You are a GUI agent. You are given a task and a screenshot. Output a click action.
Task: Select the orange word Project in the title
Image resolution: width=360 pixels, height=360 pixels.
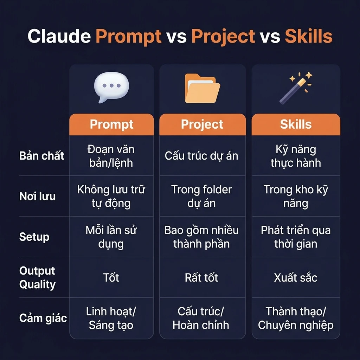pos(223,37)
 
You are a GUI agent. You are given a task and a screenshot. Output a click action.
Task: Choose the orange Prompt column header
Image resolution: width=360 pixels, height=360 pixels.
pos(112,124)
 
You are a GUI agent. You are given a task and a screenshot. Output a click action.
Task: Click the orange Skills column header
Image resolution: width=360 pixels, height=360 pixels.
pos(296,124)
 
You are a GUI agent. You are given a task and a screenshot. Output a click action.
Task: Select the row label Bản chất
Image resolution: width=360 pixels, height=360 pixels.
pos(41,156)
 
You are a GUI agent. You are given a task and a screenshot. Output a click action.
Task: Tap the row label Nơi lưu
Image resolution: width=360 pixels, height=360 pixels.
pos(37,196)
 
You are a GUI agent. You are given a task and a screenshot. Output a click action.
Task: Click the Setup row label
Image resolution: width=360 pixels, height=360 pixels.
pos(34,237)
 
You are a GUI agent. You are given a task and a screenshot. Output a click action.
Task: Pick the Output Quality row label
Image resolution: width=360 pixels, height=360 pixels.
pos(37,277)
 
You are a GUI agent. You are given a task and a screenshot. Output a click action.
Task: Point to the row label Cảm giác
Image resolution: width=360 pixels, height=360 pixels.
pos(43,318)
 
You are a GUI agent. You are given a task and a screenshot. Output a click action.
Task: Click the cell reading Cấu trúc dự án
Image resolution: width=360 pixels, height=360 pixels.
pos(201,156)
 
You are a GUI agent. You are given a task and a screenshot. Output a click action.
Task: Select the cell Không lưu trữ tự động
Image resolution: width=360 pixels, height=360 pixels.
pos(111,196)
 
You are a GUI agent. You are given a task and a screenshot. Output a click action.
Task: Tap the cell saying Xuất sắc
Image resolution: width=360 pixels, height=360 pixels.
pos(296,278)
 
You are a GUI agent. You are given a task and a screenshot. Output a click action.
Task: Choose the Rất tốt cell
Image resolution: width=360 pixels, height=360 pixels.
pos(201,278)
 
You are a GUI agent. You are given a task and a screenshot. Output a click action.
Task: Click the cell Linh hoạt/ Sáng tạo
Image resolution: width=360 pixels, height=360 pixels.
pos(111,318)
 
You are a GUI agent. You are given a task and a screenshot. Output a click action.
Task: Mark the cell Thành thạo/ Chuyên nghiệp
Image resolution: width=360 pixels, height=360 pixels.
pos(296,318)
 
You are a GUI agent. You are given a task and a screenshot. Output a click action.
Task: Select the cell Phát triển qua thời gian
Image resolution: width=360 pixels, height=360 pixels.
pos(296,237)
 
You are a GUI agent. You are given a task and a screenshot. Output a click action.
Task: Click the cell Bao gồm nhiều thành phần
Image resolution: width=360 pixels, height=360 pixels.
pos(201,237)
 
